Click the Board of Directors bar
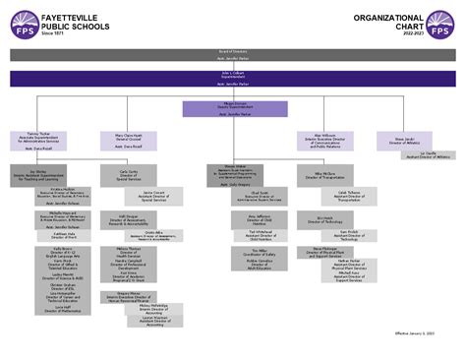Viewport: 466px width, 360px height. [x=233, y=49]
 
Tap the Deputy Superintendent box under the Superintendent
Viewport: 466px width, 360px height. [x=233, y=106]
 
